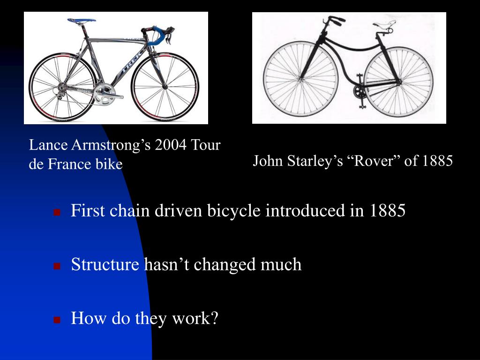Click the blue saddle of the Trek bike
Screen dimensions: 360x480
click(x=81, y=21)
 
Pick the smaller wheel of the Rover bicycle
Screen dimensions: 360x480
click(x=398, y=84)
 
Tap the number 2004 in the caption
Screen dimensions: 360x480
click(x=171, y=145)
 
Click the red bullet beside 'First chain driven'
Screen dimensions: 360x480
click(x=57, y=212)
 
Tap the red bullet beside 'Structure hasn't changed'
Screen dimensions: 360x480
click(x=57, y=266)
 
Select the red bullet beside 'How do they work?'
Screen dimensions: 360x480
click(x=57, y=320)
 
